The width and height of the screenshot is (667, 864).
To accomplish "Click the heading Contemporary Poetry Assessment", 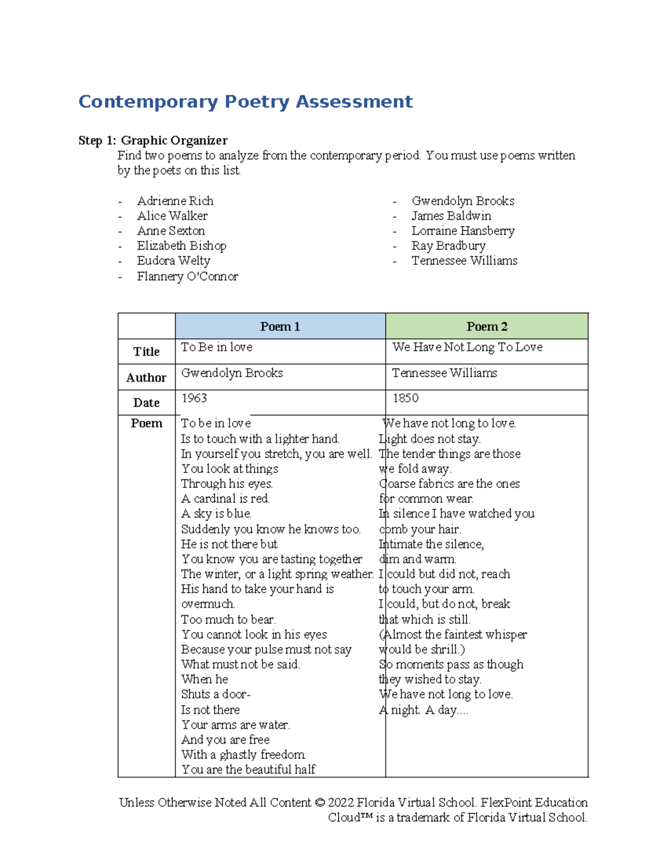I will coord(245,102).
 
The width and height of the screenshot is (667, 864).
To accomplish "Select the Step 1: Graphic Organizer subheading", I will coord(153,140).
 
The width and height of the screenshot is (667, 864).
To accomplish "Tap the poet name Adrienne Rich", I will coord(175,201).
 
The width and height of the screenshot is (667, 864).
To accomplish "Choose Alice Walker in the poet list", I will coord(172,216).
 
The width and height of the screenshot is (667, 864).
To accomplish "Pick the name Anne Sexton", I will coord(171,231).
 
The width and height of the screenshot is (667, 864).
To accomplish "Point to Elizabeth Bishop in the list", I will coord(181,246).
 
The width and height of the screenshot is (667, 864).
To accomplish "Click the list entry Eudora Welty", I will coord(173,261).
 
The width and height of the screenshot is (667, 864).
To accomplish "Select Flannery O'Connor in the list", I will coord(187,277).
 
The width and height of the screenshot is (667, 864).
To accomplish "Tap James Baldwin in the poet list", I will coord(451,216).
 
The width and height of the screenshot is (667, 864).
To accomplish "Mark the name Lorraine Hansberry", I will coord(462,231).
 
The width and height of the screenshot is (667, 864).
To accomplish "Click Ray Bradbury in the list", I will coord(448,246).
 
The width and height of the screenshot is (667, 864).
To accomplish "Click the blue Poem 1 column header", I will coord(280,327).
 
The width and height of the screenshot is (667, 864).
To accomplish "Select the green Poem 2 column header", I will coord(486,327).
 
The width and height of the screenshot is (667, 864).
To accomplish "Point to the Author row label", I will coord(146,378).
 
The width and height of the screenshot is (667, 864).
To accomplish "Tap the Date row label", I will coord(146,403).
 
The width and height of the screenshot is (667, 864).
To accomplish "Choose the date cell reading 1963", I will coord(194,398).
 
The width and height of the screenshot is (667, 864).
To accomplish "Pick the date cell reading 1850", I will coord(405,398).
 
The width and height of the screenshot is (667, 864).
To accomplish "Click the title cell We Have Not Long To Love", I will coord(467,347).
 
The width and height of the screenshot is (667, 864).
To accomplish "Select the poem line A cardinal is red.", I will coord(225,499).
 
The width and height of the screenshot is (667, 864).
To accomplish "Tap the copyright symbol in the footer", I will coord(319,803).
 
